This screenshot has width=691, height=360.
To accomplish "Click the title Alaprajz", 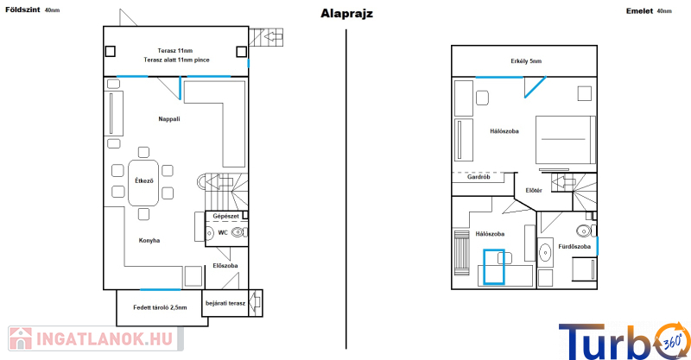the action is [346, 14].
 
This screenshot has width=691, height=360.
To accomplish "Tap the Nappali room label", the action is [169, 119].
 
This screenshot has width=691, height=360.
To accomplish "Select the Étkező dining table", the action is [143, 183].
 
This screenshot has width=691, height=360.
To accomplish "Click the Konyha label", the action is [149, 241].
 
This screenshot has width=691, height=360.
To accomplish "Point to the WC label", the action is [223, 232].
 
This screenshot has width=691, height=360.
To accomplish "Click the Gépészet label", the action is [226, 217].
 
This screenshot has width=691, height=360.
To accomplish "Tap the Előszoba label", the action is [225, 266].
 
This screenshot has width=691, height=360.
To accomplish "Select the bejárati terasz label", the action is [225, 303].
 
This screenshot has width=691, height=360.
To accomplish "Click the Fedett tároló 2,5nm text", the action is [160, 307].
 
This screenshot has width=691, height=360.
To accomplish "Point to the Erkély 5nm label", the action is [526, 61].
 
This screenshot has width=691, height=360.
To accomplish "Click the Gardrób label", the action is [479, 177].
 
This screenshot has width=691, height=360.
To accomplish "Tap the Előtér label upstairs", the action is [534, 190].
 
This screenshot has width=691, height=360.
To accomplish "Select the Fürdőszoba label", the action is [574, 247].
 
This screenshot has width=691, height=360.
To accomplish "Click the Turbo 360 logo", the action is [624, 342].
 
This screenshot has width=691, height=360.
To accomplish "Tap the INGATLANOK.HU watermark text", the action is [104, 339].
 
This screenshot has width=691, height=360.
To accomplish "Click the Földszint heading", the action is [22, 9].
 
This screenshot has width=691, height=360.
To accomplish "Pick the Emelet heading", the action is [639, 11].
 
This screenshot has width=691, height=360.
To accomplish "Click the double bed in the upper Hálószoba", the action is [566, 140].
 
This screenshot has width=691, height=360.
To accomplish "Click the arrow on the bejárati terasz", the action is [255, 303].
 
